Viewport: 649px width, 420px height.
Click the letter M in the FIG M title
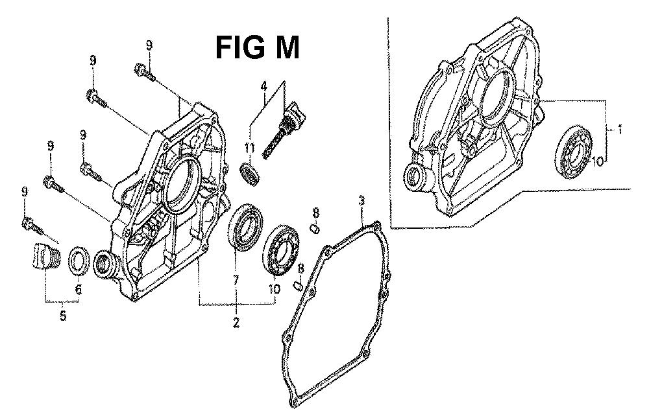click(282, 48)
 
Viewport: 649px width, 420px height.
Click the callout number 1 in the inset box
click(620, 130)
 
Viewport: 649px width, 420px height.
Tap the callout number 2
click(236, 322)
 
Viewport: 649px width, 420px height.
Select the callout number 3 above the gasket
click(361, 202)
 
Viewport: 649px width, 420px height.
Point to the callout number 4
click(263, 87)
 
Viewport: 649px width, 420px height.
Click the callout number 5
click(62, 317)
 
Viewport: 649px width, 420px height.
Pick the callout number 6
click(79, 289)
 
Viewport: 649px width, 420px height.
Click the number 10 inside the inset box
click(598, 161)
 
